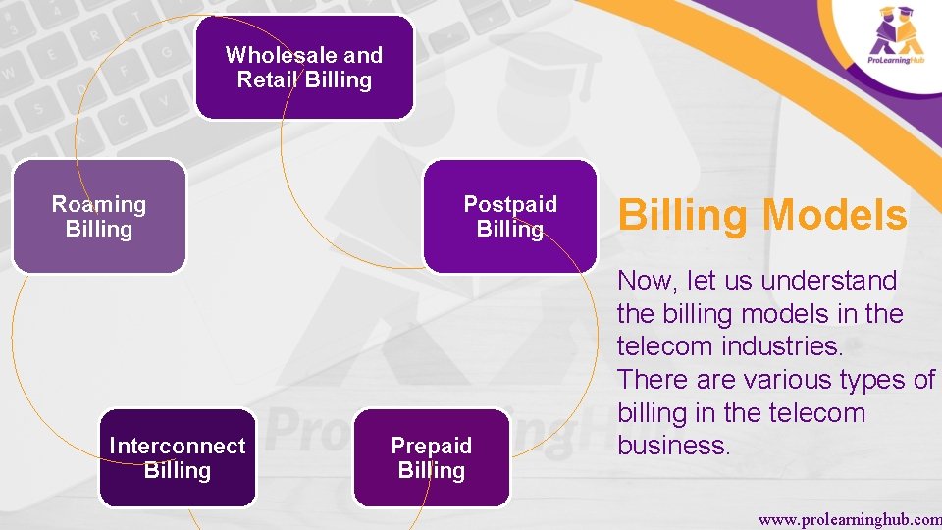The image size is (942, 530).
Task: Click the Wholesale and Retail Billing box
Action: tap(304, 67)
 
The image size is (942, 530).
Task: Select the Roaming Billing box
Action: tap(98, 216)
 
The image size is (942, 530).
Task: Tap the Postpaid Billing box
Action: tap(509, 216)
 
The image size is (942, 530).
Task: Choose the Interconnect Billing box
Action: tap(177, 457)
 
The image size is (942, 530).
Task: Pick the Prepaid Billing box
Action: tap(431, 457)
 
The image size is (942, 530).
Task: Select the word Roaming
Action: tap(98, 204)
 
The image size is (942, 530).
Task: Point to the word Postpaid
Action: tap(510, 204)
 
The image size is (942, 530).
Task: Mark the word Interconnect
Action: tap(178, 446)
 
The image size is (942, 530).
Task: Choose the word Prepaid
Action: tap(432, 446)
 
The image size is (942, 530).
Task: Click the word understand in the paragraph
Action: tap(829, 281)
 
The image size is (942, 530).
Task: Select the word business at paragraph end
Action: tap(674, 446)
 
